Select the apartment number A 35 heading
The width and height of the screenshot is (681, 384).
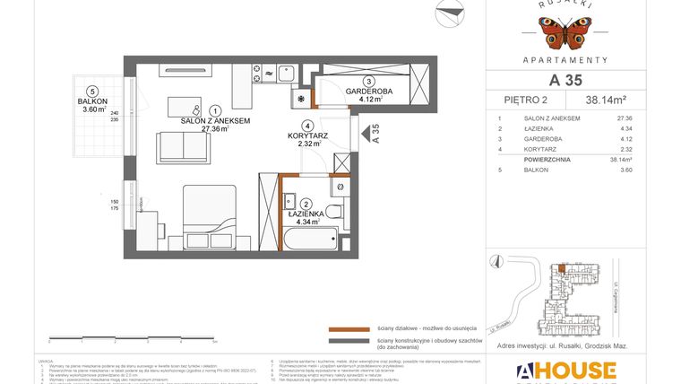561,80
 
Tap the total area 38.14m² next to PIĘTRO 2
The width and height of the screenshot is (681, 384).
607,100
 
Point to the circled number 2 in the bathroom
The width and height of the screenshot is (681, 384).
306,204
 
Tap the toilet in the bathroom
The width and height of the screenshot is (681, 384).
332,212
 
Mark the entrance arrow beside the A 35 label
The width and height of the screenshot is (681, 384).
366,135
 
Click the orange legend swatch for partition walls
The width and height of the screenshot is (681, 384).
348,328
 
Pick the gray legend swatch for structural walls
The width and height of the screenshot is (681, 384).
348,341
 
